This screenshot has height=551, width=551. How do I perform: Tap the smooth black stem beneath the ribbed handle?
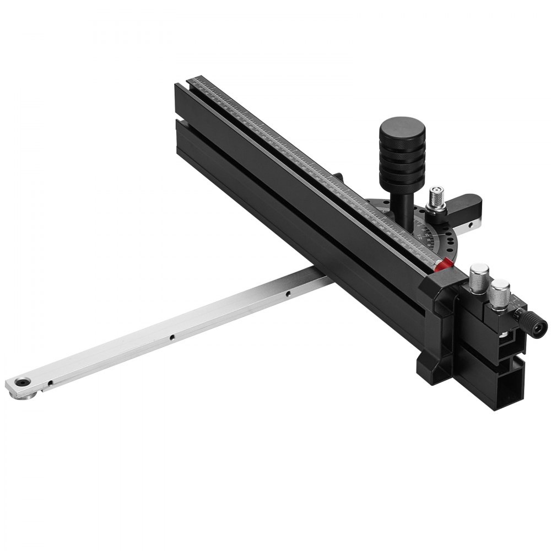coord(404,201)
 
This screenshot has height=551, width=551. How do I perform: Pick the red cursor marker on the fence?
coord(444,266)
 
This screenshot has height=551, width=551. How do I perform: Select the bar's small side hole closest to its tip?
coord(50,382)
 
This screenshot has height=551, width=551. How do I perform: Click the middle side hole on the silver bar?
coord(172,336)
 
